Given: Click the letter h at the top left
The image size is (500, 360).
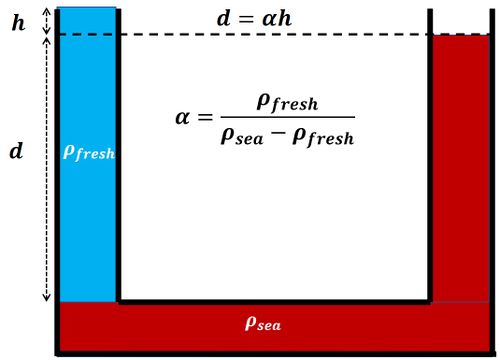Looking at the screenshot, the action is [x=17, y=21].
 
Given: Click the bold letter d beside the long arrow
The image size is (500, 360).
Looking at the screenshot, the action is [x=15, y=152].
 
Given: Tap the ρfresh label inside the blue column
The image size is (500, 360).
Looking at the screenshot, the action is [x=89, y=152].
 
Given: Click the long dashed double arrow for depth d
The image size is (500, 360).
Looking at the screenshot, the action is [x=47, y=170].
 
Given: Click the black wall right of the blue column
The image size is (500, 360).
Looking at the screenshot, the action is [x=119, y=150].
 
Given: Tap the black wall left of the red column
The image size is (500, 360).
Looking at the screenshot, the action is [x=431, y=150].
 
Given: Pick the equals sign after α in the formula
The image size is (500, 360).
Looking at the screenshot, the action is [x=205, y=117].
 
